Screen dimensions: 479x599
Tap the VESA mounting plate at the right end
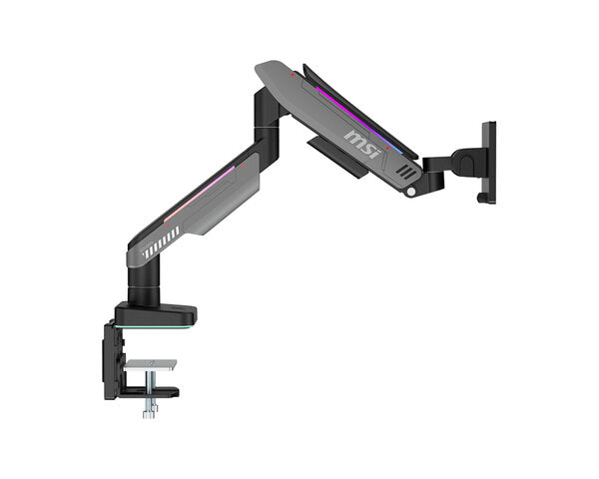[x=488, y=160]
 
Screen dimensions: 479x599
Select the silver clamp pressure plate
[x=151, y=364]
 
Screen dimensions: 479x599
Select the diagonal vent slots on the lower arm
[x=161, y=244]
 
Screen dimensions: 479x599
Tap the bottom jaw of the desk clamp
[x=150, y=392]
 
